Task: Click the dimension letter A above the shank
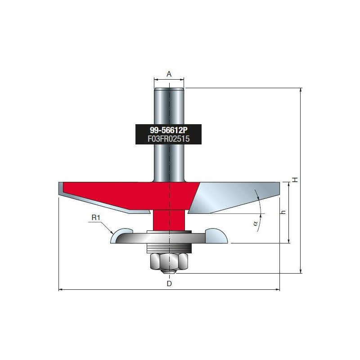[169, 74]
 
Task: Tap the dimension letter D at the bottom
[169, 284]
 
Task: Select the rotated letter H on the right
[295, 180]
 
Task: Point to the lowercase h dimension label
[283, 212]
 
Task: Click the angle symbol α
[255, 223]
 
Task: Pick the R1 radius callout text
[96, 217]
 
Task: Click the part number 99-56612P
[168, 130]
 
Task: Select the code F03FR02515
[168, 139]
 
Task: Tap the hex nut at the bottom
[169, 261]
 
